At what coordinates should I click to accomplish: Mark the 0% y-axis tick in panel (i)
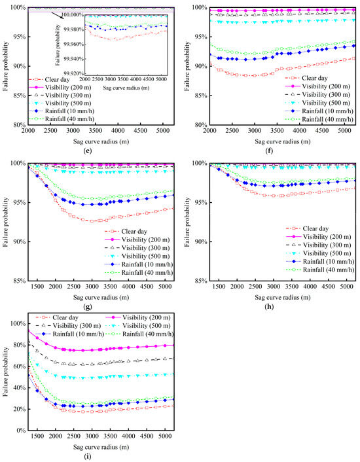tap(20, 431)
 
